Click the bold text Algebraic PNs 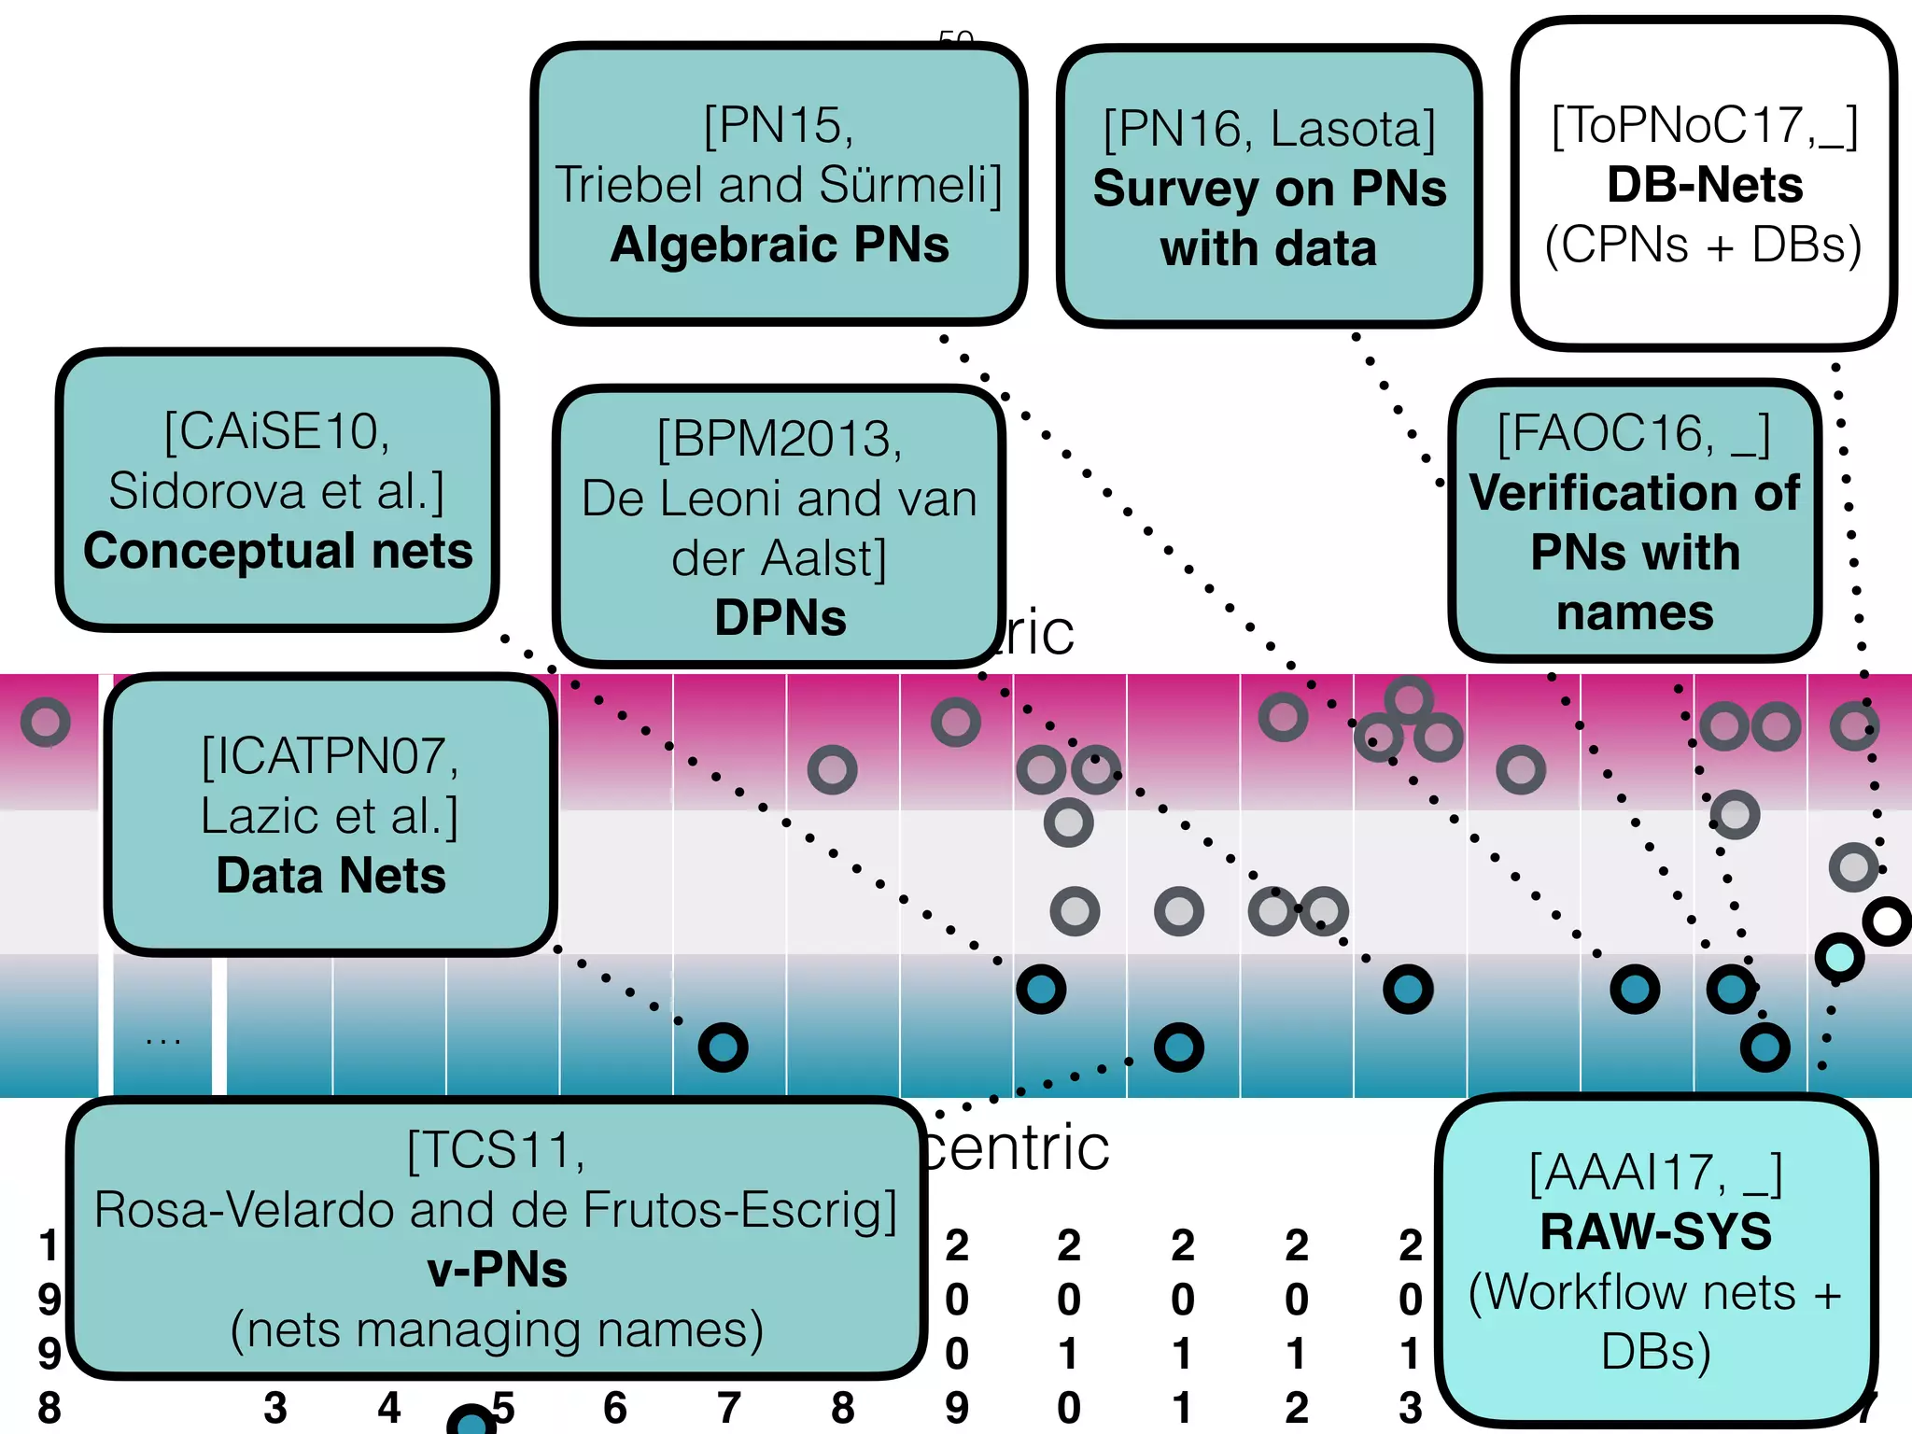click(780, 246)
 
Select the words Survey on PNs click(1270, 190)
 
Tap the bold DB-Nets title click(1705, 185)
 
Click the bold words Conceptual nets click(278, 551)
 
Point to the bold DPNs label click(780, 618)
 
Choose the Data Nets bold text click(330, 876)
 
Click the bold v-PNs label click(497, 1270)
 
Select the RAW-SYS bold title click(1656, 1232)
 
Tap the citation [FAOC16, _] click(1634, 434)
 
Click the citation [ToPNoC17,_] click(1705, 125)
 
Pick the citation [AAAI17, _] click(1656, 1174)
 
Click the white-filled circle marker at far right click(1887, 921)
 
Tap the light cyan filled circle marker click(1839, 957)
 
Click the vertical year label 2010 click(1069, 1326)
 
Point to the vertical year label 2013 click(1411, 1326)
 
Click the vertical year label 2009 click(957, 1326)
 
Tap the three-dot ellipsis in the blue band click(162, 1039)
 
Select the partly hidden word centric click(1018, 1148)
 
